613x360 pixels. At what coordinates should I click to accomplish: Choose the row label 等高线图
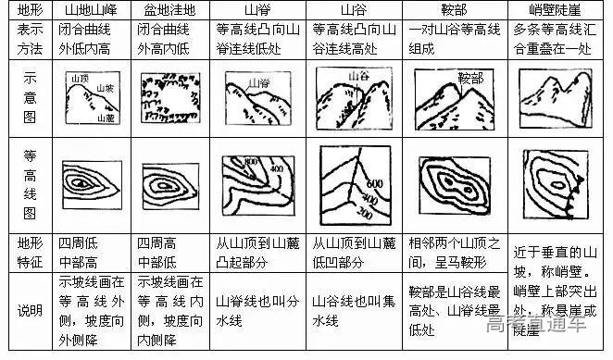pos(24,185)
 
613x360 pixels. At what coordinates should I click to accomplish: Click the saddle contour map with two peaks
pos(451,185)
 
